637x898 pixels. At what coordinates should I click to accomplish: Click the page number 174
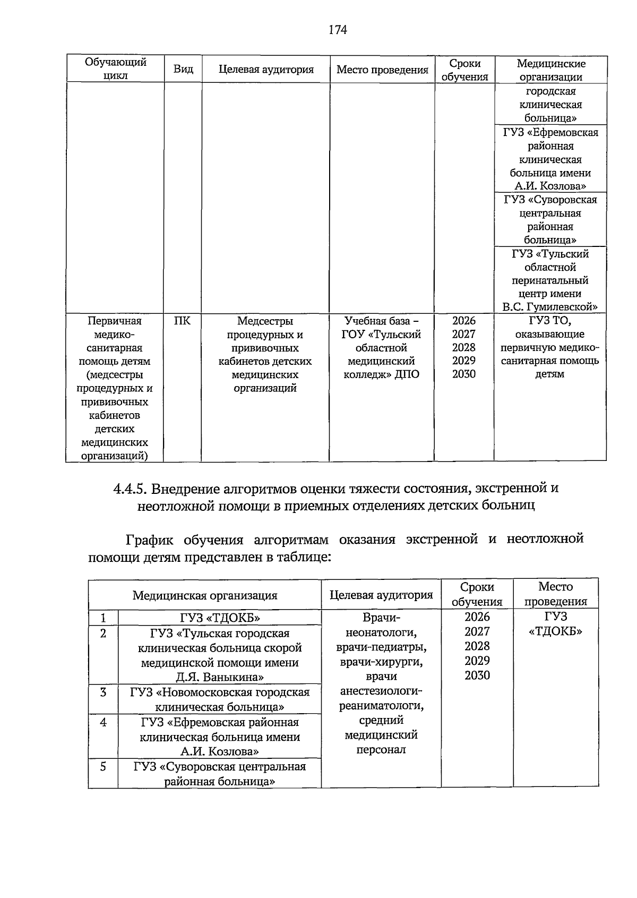point(338,30)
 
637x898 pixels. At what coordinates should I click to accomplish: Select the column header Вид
point(183,70)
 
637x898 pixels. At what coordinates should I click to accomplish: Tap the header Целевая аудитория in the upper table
point(266,70)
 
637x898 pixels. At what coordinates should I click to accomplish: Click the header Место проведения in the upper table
point(382,70)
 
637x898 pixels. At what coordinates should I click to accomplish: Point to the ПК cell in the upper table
point(182,321)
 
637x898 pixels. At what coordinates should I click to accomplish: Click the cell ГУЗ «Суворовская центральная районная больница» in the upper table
point(550,220)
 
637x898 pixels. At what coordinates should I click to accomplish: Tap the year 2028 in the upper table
point(464,347)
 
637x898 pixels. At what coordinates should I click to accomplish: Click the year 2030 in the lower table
point(477,675)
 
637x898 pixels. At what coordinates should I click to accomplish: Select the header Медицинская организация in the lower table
point(205,595)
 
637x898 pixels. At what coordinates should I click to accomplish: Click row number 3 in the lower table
point(103,692)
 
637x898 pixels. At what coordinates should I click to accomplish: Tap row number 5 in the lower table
point(103,767)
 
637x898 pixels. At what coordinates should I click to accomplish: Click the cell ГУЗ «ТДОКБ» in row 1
point(220,618)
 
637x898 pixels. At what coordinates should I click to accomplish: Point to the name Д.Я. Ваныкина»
point(220,677)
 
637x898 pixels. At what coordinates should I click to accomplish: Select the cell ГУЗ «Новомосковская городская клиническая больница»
point(220,699)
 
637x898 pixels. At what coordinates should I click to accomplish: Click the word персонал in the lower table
point(381,749)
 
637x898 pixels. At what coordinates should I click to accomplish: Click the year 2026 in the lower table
point(477,617)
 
